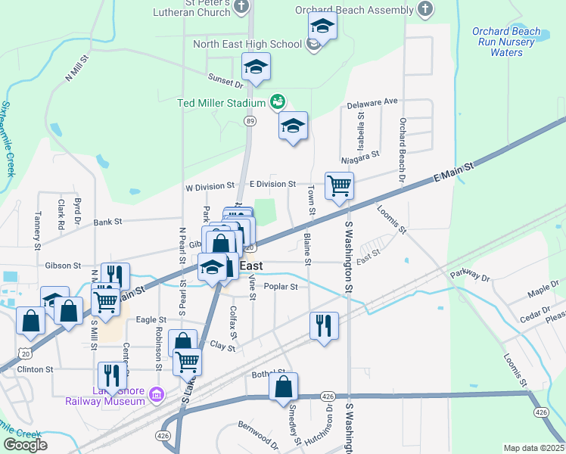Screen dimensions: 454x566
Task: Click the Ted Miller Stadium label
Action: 221,103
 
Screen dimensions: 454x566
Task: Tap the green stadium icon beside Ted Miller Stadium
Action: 277,101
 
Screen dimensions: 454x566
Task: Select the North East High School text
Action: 247,44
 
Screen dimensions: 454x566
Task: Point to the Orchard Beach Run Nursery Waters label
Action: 506,42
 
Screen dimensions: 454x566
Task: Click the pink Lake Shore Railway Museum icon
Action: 157,393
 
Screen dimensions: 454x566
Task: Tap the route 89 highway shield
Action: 249,120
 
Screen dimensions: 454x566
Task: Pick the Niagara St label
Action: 359,157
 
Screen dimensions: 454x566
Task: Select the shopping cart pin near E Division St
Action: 339,185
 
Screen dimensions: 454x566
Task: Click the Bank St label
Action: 107,222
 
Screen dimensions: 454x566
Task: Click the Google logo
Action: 25,445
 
